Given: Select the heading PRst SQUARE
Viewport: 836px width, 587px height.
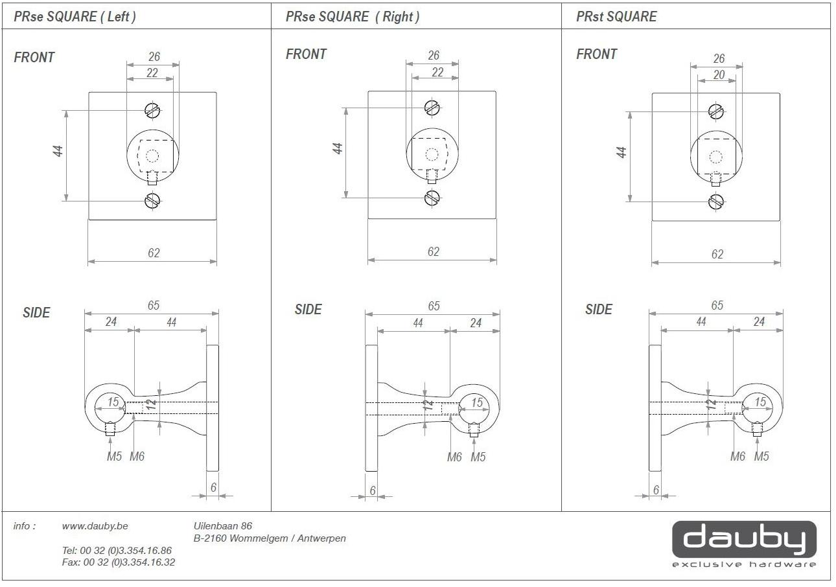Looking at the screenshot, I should pyautogui.click(x=616, y=17).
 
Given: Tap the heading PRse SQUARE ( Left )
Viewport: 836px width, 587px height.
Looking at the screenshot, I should pyautogui.click(x=75, y=17).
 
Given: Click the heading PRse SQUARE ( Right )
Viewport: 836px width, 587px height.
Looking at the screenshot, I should pyautogui.click(x=353, y=17).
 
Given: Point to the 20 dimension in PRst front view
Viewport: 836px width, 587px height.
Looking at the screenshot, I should pyautogui.click(x=719, y=75).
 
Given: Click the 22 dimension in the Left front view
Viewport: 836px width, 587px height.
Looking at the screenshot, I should pyautogui.click(x=152, y=73).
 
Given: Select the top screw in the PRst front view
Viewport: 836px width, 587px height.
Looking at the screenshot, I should pyautogui.click(x=715, y=111).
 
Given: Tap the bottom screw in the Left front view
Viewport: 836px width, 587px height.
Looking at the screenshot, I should pyautogui.click(x=152, y=201).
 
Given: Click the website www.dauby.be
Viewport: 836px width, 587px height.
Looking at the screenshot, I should pyautogui.click(x=95, y=526).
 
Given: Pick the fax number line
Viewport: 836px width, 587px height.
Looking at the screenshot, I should pyautogui.click(x=118, y=562).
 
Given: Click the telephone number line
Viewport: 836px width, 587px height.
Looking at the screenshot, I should pyautogui.click(x=117, y=550).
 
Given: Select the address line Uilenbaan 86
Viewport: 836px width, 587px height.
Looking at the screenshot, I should pyautogui.click(x=223, y=526).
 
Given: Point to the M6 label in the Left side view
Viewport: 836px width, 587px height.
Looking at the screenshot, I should pyautogui.click(x=137, y=457).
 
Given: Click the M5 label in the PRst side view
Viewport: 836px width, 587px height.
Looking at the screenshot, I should pyautogui.click(x=761, y=457).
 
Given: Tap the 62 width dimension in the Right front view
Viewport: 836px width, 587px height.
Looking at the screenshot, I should pyautogui.click(x=434, y=252).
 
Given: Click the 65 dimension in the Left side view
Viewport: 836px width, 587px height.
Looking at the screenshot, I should pyautogui.click(x=153, y=305).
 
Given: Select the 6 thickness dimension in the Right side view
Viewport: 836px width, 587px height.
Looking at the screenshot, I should pyautogui.click(x=373, y=490).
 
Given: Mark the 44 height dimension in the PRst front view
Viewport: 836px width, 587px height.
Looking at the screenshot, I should pyautogui.click(x=621, y=153).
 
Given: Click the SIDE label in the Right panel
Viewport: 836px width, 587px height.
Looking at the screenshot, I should pyautogui.click(x=308, y=310).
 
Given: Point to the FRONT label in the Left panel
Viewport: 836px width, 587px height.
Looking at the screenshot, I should pyautogui.click(x=34, y=58).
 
